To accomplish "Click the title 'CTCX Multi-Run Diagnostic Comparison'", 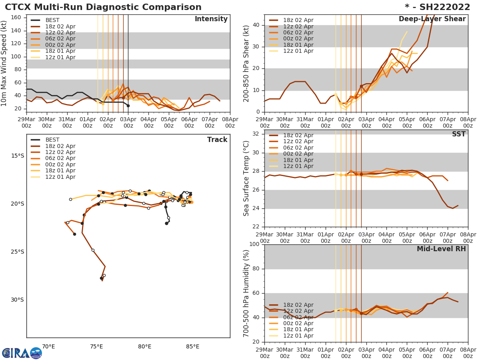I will click(x=103, y=7).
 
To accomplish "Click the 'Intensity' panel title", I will click(x=211, y=19).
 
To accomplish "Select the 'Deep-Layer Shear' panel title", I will click(x=432, y=19).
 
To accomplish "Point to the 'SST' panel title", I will click(x=459, y=134).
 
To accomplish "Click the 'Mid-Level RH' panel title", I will click(x=441, y=249).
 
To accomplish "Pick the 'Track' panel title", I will click(x=217, y=140).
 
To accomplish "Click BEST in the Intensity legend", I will click(x=53, y=20).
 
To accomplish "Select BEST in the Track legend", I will click(x=53, y=140).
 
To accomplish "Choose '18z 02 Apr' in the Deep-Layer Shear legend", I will click(x=298, y=20).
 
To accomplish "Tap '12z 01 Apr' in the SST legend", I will click(x=298, y=166).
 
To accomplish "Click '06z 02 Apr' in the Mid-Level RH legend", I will click(x=298, y=317).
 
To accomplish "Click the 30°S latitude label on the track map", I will click(x=17, y=300).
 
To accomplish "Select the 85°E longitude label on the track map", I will click(x=193, y=347).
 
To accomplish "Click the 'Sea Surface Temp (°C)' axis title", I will click(x=247, y=178).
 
